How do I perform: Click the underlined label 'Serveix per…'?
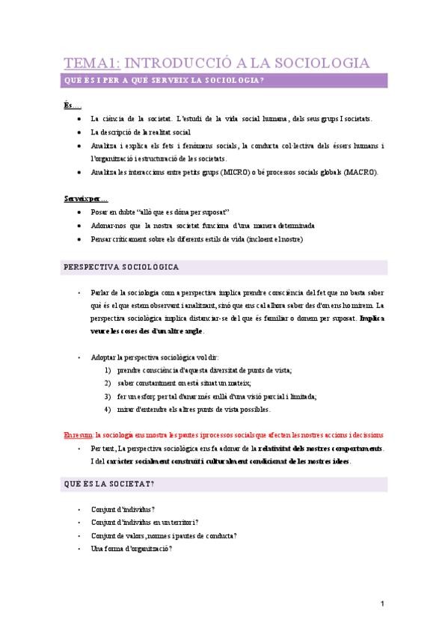click(86, 199)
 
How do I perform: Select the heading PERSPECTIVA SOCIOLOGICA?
click(125, 266)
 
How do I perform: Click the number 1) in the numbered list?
click(108, 370)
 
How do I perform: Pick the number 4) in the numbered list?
click(108, 409)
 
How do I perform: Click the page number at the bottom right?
click(381, 604)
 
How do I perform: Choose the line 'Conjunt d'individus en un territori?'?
click(150, 523)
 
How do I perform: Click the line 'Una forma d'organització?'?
click(132, 549)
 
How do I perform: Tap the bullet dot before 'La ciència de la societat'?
click(80, 119)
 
